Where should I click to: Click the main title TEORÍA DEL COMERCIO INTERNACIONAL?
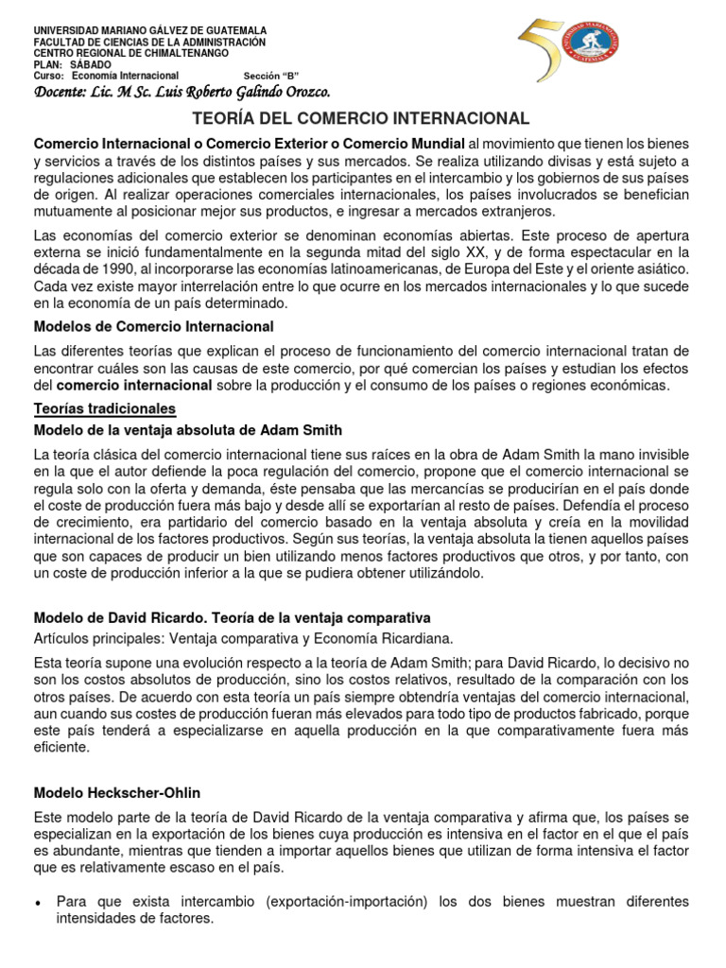(x=361, y=118)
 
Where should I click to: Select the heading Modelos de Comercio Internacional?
(x=153, y=326)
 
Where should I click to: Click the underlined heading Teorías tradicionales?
(x=105, y=408)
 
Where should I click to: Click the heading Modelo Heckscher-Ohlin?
(x=117, y=792)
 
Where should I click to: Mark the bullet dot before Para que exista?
(x=38, y=902)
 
